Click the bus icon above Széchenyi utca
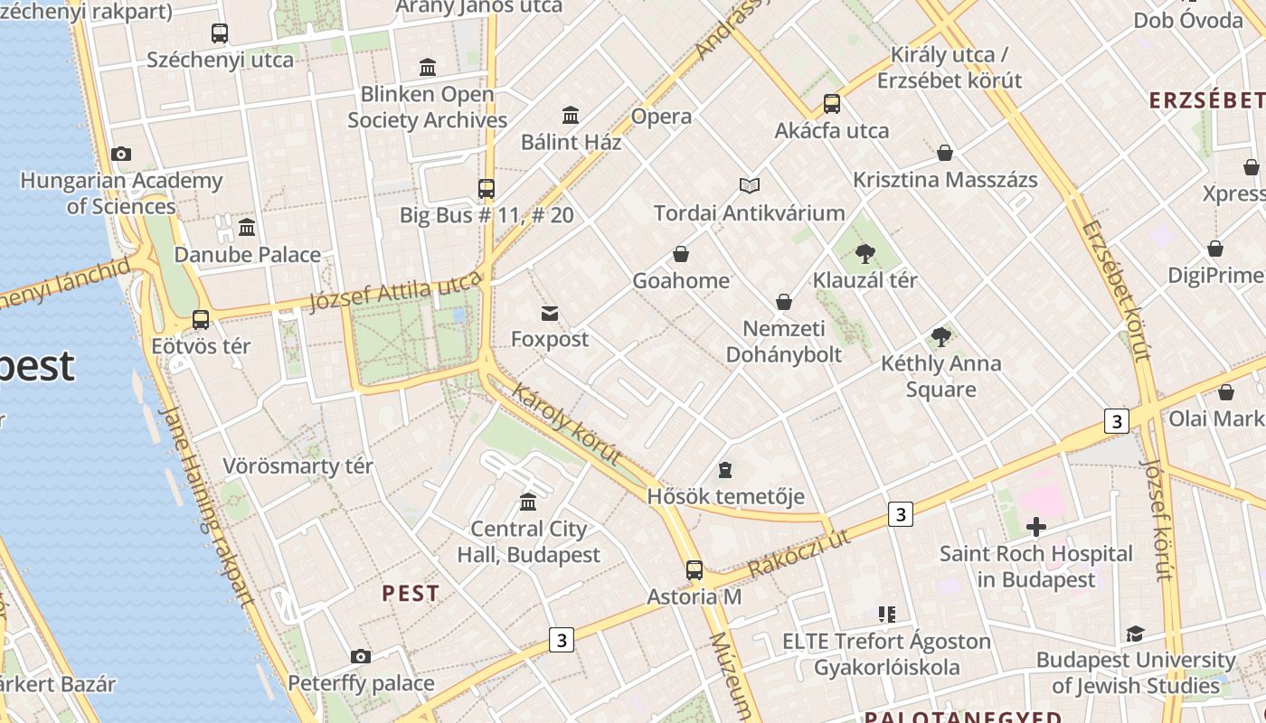pyautogui.click(x=220, y=33)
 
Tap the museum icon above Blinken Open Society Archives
pyautogui.click(x=428, y=67)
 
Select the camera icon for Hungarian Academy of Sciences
pyautogui.click(x=121, y=155)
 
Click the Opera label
pyautogui.click(x=661, y=117)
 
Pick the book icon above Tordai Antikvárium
pyautogui.click(x=749, y=186)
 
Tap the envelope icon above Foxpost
pyautogui.click(x=549, y=314)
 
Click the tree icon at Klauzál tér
pyautogui.click(x=864, y=253)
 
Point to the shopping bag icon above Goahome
pyautogui.click(x=681, y=255)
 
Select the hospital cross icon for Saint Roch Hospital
pyautogui.click(x=1036, y=527)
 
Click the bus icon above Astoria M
pyautogui.click(x=694, y=570)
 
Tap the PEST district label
pyautogui.click(x=411, y=594)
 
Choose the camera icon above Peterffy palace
pyautogui.click(x=361, y=656)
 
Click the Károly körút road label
pyautogui.click(x=566, y=424)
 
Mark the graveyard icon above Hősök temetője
pyautogui.click(x=725, y=470)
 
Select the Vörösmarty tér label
pyautogui.click(x=298, y=466)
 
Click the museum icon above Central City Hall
pyautogui.click(x=528, y=502)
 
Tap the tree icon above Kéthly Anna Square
pyautogui.click(x=941, y=337)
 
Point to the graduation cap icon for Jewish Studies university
pyautogui.click(x=1135, y=634)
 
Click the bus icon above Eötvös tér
pyautogui.click(x=201, y=320)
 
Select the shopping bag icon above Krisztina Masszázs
pyautogui.click(x=945, y=153)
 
